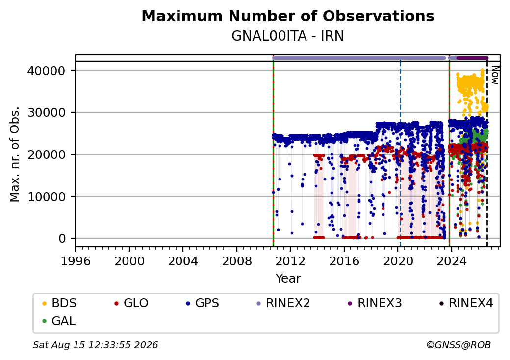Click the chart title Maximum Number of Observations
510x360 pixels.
(288, 16)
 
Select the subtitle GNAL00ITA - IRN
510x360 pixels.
(288, 36)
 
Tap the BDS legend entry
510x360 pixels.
(59, 303)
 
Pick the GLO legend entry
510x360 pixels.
(131, 303)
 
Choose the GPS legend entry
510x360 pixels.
(203, 303)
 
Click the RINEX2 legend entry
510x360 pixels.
(283, 303)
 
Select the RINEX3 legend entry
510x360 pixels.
(375, 303)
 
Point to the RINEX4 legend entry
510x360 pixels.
(466, 303)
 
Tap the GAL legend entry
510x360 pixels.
(59, 321)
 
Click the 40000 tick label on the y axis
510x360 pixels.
(47, 71)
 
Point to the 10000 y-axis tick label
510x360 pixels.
(47, 197)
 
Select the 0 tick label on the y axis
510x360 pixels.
(62, 239)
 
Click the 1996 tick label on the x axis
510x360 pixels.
(76, 261)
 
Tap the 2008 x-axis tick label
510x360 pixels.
(237, 261)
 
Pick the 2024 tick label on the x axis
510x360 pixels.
(452, 261)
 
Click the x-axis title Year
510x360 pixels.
(288, 279)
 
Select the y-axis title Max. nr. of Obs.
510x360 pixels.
(15, 154)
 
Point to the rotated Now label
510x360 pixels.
(495, 75)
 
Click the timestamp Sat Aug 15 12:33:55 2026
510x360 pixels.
(95, 345)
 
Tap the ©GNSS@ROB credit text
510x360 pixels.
(459, 345)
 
